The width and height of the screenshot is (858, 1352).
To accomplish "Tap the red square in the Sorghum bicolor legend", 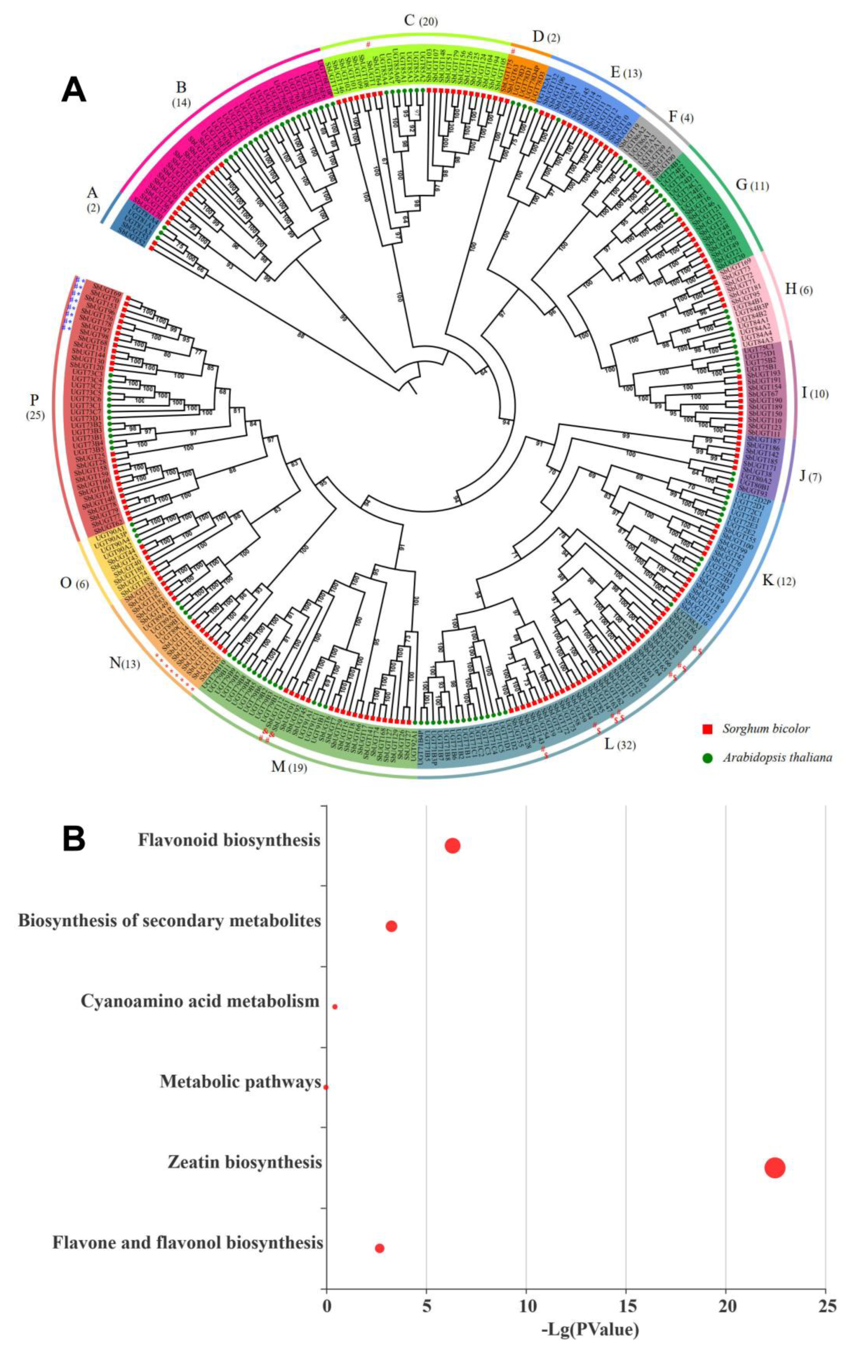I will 707,729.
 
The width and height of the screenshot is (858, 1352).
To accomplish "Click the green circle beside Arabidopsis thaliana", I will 707,757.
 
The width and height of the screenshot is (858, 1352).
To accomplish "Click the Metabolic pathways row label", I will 240,1081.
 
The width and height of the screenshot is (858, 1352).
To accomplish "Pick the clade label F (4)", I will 680,118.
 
